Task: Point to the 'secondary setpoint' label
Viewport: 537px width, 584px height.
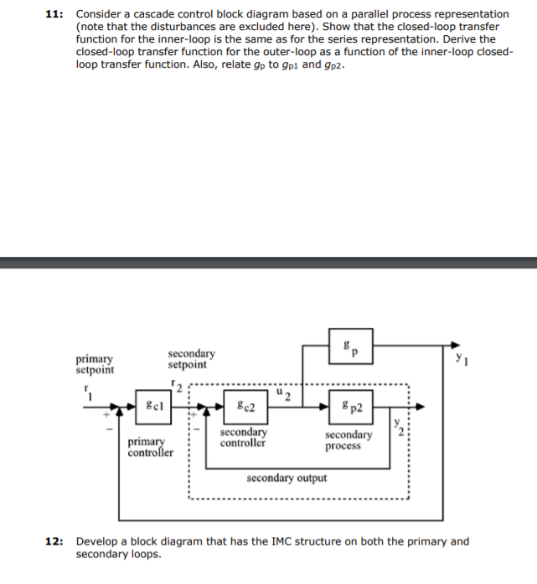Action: pyautogui.click(x=191, y=359)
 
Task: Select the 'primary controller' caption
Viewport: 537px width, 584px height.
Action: pyautogui.click(x=151, y=448)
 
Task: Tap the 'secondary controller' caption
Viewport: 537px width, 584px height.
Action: pyautogui.click(x=243, y=438)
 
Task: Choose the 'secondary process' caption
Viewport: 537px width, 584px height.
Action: pyautogui.click(x=349, y=440)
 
